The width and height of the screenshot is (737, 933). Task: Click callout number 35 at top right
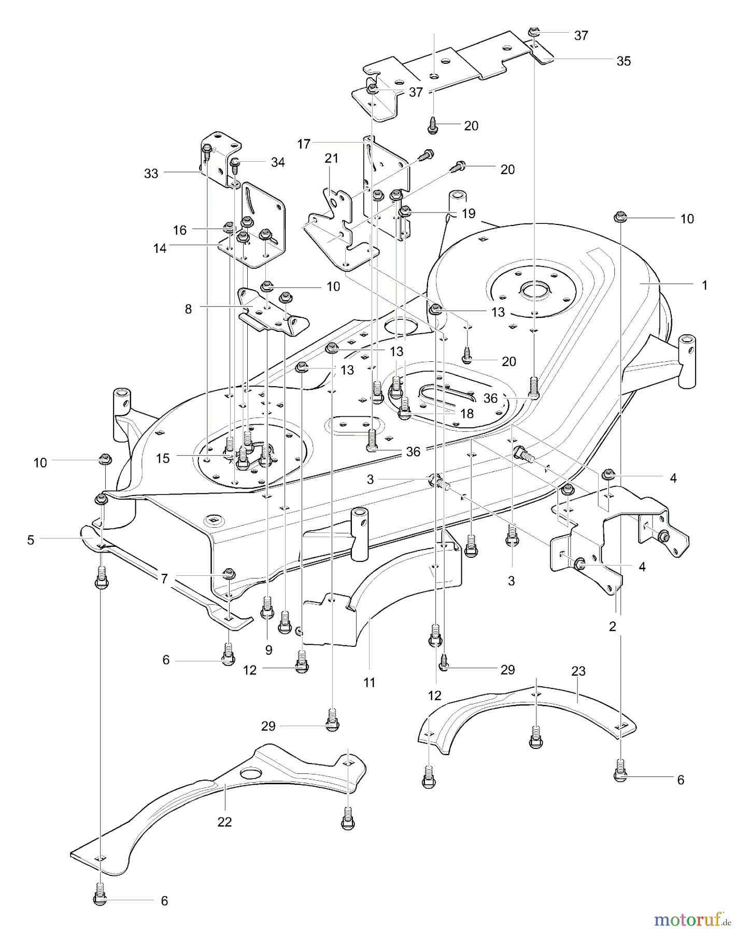[623, 61]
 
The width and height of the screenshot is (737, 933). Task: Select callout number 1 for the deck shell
[704, 285]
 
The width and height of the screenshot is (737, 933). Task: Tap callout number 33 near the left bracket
[151, 174]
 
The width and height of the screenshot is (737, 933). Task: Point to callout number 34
[278, 162]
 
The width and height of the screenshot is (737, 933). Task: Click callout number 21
[331, 159]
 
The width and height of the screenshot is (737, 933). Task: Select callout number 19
[469, 214]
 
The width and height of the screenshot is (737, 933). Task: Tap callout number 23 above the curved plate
[578, 671]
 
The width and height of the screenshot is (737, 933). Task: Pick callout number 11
[369, 683]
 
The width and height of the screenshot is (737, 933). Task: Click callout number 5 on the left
[31, 540]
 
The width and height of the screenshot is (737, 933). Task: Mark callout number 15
[163, 459]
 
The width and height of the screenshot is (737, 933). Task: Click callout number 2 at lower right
[613, 627]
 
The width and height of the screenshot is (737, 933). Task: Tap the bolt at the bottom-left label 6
[101, 901]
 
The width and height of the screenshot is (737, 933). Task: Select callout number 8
[188, 309]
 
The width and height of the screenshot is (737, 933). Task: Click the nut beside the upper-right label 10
[620, 217]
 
